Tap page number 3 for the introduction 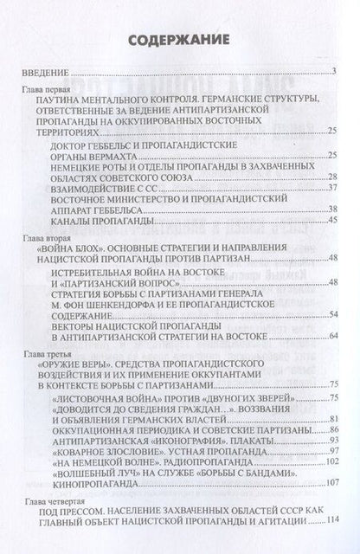pos(332,71)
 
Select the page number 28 pos(331,176)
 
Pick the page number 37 pos(331,187)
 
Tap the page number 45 pos(331,220)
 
